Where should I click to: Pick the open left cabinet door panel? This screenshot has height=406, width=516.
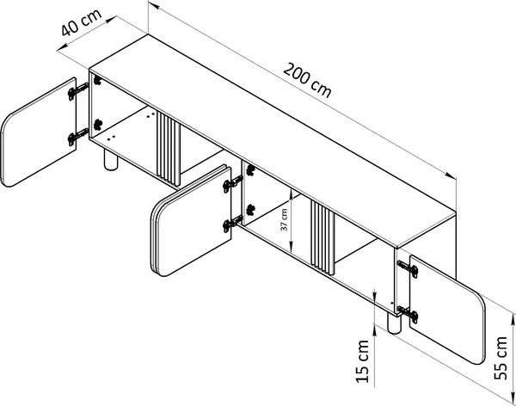(x=38, y=132)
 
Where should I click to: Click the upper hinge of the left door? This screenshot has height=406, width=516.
(x=78, y=89)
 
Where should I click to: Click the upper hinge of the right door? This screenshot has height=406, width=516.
(x=411, y=269)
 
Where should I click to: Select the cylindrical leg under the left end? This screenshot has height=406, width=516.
(x=110, y=163)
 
